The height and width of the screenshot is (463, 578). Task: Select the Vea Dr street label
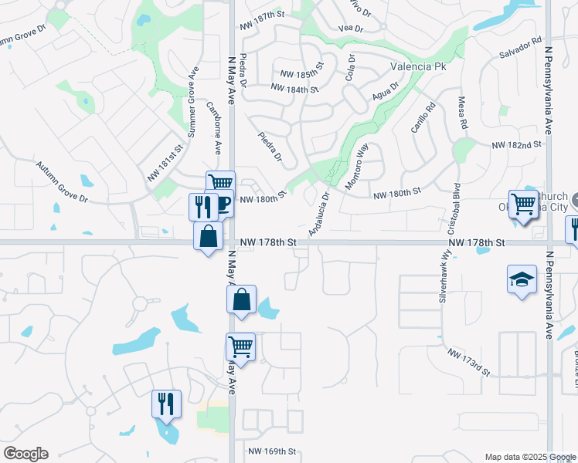(x=351, y=29)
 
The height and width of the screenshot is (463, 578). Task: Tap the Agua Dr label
(x=384, y=90)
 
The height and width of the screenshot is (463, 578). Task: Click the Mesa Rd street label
(x=463, y=113)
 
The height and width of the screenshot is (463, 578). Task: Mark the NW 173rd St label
(x=469, y=361)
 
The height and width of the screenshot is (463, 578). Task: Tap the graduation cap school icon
(x=522, y=279)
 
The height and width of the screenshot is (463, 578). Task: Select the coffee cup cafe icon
(x=223, y=204)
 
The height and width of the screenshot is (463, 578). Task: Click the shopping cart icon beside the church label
(x=523, y=204)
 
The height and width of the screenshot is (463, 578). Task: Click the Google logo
(x=25, y=454)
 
